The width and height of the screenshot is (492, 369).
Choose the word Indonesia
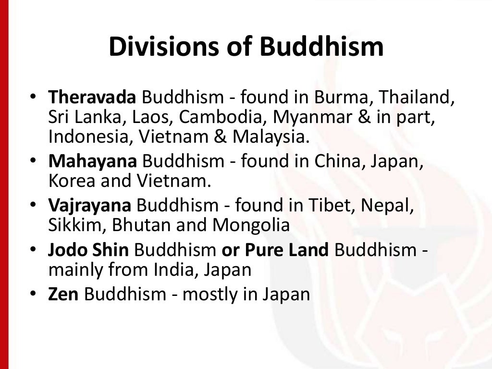click(89, 136)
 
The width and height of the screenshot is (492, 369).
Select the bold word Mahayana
click(92, 162)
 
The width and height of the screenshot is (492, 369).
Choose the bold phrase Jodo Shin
click(88, 250)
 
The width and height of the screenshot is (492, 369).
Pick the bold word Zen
click(63, 294)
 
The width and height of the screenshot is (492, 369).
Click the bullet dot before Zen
click(32, 294)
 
